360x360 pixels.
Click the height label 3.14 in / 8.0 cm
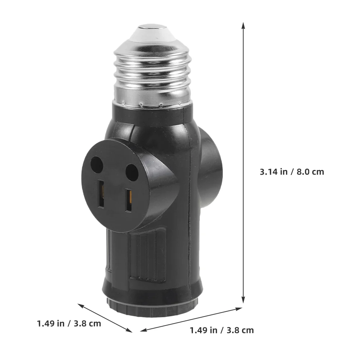tap(292, 172)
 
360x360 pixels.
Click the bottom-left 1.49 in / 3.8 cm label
tap(69, 323)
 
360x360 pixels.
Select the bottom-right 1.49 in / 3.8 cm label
tap(222, 331)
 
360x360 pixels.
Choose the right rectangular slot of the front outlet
tap(129, 200)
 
